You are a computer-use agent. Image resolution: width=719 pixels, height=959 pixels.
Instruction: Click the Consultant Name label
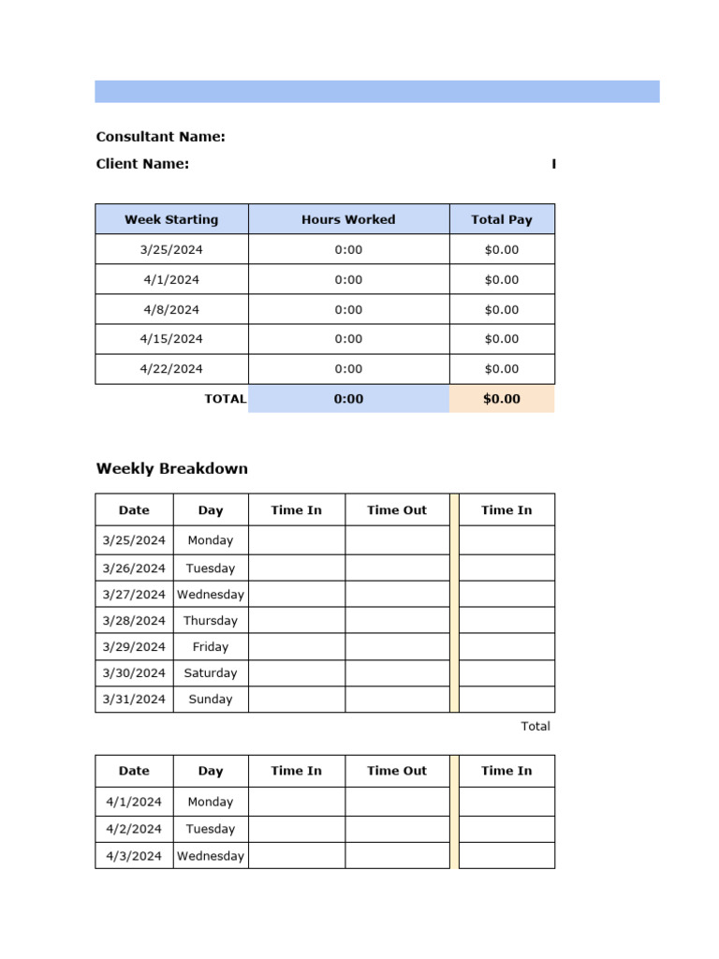[160, 137]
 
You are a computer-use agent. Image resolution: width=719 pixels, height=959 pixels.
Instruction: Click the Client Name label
[142, 164]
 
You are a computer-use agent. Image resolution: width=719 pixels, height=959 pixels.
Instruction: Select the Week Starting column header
[171, 220]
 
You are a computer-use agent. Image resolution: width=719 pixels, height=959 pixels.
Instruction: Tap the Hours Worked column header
[348, 220]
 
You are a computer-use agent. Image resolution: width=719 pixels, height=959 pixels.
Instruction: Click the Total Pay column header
[502, 220]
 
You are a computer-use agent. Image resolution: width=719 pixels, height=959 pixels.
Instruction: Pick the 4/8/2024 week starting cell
[171, 309]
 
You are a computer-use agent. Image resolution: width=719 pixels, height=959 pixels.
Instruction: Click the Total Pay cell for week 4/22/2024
[502, 369]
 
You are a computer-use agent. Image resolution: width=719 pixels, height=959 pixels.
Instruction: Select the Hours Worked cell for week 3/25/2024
[348, 250]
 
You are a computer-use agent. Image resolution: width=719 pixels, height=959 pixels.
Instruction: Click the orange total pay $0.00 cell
[502, 399]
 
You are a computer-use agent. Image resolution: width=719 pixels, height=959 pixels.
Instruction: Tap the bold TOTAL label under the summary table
[226, 399]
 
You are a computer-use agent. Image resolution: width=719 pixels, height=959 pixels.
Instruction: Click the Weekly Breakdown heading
[172, 469]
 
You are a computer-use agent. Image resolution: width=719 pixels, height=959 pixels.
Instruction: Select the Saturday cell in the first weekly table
[211, 673]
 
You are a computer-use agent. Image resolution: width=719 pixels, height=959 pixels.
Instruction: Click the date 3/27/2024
[134, 595]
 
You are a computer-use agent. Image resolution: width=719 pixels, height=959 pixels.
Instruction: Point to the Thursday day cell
[211, 621]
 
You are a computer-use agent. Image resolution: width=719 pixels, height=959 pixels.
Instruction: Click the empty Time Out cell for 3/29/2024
[397, 647]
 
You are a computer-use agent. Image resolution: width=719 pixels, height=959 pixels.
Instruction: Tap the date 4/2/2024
[134, 829]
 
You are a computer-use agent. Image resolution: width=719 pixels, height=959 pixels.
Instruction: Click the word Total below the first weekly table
[536, 727]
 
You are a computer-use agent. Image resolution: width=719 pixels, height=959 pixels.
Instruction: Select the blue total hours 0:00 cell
[348, 399]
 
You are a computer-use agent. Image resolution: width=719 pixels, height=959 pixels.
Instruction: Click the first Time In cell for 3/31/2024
[297, 700]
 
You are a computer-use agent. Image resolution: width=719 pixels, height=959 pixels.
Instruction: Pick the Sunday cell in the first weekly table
[211, 700]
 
